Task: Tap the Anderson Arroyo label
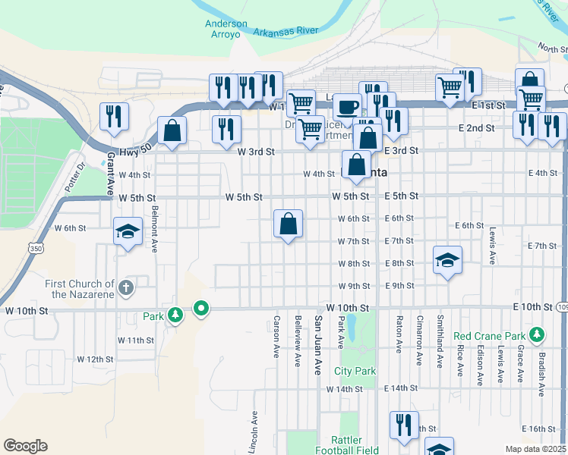click(x=226, y=28)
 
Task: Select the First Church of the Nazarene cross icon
click(x=126, y=287)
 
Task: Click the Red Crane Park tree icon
click(x=537, y=334)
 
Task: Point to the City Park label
click(x=355, y=371)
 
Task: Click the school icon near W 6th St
click(x=128, y=231)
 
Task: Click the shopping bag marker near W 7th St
click(x=288, y=224)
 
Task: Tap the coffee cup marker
click(x=349, y=107)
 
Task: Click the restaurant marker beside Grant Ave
click(x=114, y=116)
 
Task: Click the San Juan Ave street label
click(x=319, y=345)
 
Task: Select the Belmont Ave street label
click(x=155, y=229)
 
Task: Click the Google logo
click(x=25, y=446)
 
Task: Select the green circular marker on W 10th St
click(x=201, y=309)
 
